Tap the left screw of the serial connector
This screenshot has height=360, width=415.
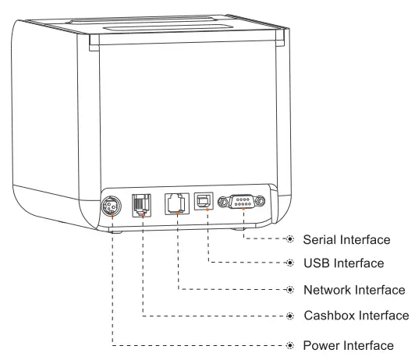224,203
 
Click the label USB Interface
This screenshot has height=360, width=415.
342,263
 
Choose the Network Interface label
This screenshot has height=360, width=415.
353,290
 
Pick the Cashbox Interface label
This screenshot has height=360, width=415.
355,316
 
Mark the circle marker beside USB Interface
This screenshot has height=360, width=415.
290,263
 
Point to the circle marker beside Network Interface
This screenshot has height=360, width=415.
290,290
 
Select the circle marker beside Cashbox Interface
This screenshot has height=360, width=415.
290,316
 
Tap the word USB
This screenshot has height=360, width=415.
315,263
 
